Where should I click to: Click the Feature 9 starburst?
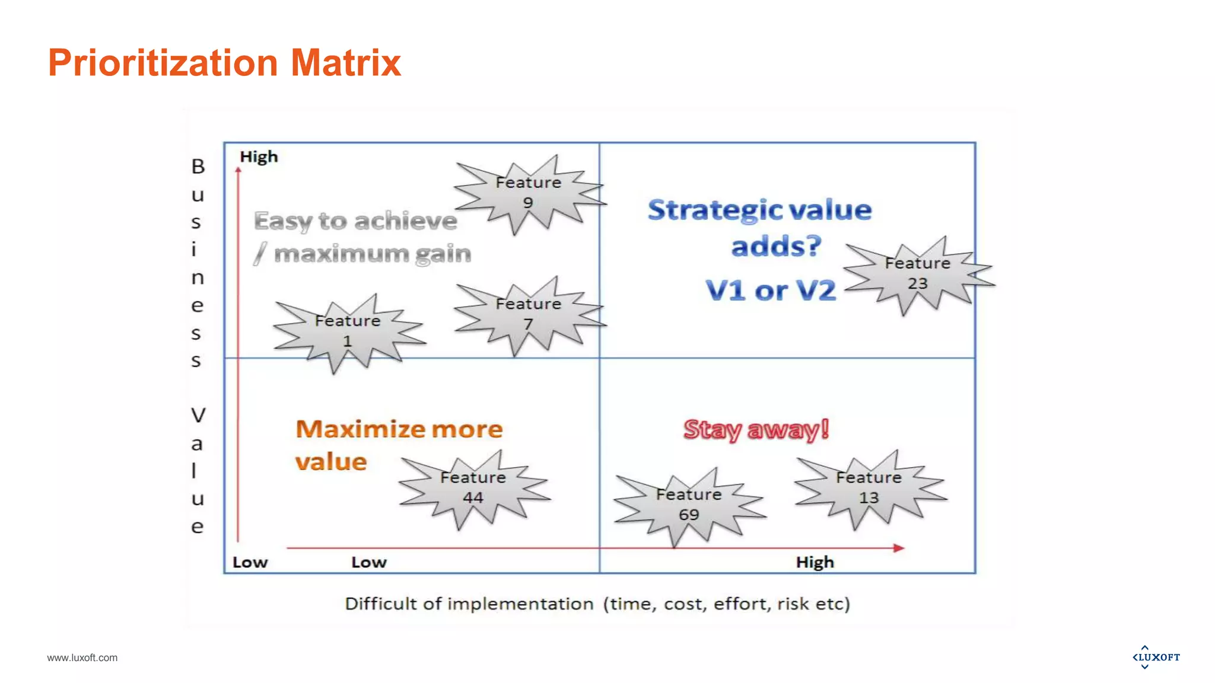(528, 193)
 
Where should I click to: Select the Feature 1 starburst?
(348, 331)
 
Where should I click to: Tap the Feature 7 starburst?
(528, 314)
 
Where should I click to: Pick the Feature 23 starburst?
(917, 273)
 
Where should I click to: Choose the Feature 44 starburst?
(473, 488)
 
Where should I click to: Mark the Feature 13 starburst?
(869, 488)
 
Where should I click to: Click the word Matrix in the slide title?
(346, 63)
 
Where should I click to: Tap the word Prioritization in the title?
(163, 63)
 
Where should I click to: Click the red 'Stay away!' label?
(756, 429)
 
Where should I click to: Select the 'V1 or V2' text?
(771, 291)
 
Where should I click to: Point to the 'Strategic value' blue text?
(759, 210)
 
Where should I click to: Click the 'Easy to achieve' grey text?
(355, 221)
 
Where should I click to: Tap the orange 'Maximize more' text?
(399, 429)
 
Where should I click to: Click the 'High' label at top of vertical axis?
(259, 157)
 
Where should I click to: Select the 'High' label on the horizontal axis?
(815, 562)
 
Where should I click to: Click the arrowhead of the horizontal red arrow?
(899, 548)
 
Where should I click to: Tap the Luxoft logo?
(1156, 657)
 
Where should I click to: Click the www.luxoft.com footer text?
(82, 658)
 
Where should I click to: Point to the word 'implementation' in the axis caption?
(520, 604)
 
